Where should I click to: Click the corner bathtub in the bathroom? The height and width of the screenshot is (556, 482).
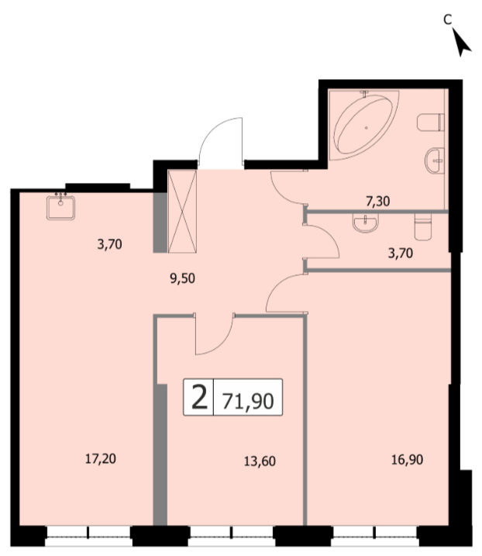click(364, 125)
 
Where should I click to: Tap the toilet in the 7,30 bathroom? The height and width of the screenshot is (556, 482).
click(431, 123)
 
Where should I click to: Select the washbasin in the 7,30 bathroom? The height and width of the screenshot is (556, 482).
click(435, 161)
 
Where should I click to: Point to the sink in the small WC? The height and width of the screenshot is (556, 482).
click(366, 223)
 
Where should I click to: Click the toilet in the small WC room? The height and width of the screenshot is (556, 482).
click(423, 226)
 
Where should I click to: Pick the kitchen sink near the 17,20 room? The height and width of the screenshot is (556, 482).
click(60, 206)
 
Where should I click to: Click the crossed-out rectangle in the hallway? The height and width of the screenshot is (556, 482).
click(182, 212)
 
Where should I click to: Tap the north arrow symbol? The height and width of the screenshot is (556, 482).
click(461, 42)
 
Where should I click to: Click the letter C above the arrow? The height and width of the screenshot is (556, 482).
click(448, 19)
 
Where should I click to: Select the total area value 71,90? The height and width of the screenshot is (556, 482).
click(248, 401)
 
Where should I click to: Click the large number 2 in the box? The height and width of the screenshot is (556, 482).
click(199, 397)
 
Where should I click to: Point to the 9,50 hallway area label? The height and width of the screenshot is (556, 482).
click(183, 278)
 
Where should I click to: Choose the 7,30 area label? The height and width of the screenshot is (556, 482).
click(378, 202)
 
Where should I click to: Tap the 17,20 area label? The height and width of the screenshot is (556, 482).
click(101, 459)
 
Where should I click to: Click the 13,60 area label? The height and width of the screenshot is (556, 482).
click(260, 461)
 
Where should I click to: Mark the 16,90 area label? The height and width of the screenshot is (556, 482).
click(407, 460)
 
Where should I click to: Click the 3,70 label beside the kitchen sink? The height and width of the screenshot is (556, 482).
click(110, 244)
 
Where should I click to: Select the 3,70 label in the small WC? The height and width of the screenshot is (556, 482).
click(401, 253)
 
